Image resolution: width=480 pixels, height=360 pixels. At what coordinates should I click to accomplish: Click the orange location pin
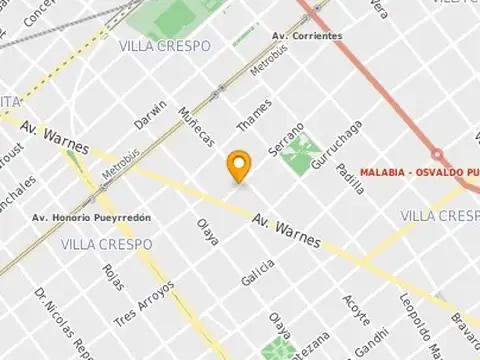[238, 166]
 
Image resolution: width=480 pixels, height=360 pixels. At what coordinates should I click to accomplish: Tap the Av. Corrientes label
[307, 36]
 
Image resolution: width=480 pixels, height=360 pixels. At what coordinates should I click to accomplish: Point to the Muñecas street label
[195, 124]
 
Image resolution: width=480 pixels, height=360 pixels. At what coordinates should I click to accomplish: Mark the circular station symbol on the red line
[437, 154]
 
